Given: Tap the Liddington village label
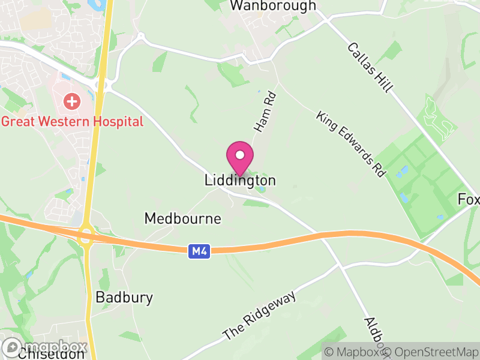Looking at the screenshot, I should point(240,180).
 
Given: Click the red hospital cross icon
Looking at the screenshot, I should point(71,101).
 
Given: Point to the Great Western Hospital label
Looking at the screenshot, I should point(72,122).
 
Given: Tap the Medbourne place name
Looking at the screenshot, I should point(182,219).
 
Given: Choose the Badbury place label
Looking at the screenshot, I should point(124,298).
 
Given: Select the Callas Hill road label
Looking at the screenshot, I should point(370,67).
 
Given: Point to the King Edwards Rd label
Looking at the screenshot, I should point(350,143).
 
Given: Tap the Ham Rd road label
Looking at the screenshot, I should point(264,112).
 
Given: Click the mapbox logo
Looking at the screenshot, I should point(45,347).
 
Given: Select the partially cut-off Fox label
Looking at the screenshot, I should point(469,199).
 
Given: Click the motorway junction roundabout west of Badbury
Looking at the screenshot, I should point(85,233).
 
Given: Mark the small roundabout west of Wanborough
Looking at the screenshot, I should point(140,37).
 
